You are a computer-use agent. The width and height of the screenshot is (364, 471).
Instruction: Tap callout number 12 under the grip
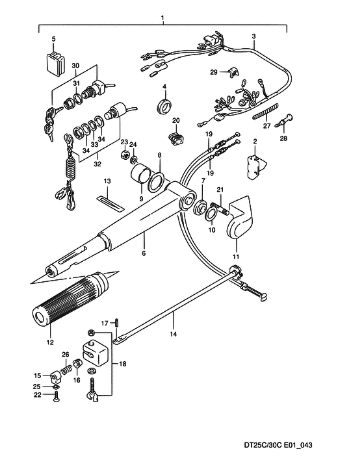click(50, 342)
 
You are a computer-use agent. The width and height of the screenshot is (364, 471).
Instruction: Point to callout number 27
click(267, 126)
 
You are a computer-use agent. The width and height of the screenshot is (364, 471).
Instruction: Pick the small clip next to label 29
click(233, 73)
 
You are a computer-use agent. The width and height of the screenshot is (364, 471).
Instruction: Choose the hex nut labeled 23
click(125, 155)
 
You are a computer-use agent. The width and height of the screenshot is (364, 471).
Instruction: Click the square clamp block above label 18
click(94, 351)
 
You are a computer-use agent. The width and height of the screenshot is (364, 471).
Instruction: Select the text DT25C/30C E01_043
click(278, 445)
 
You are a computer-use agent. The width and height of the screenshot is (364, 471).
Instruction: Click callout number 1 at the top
click(162, 18)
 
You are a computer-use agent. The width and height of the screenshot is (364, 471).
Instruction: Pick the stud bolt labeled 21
click(222, 209)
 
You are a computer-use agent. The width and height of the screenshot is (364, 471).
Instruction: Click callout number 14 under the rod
click(174, 334)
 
